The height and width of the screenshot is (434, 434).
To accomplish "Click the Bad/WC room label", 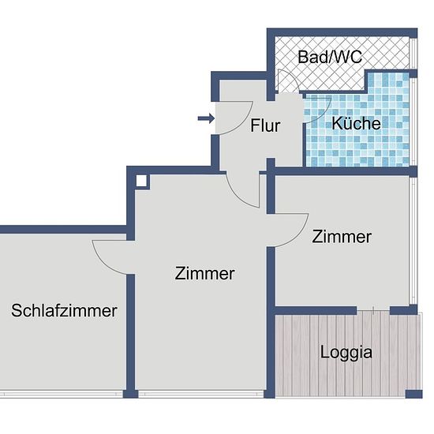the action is pyautogui.click(x=330, y=57).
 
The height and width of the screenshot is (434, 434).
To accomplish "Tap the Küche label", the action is pyautogui.click(x=356, y=123).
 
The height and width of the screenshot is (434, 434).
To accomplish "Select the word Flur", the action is pyautogui.click(x=265, y=125).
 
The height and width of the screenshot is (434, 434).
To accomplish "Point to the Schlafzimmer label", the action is pyautogui.click(x=64, y=311).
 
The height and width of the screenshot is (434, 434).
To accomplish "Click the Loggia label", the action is pyautogui.click(x=346, y=353).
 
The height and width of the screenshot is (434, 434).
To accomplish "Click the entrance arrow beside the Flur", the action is pyautogui.click(x=206, y=118).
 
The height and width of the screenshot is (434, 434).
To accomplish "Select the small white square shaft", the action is pyautogui.click(x=141, y=181).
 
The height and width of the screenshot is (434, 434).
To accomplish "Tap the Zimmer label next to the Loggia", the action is pyautogui.click(x=342, y=237).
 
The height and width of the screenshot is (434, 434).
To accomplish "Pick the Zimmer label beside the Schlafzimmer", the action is pyautogui.click(x=205, y=274).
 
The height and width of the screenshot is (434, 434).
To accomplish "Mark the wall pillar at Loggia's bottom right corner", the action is pyautogui.click(x=413, y=394).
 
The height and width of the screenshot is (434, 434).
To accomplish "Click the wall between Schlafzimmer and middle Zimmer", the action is pyautogui.click(x=130, y=332).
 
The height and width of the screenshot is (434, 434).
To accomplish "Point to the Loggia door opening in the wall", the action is pyautogui.click(x=373, y=311).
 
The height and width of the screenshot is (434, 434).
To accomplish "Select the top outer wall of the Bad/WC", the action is pyautogui.click(x=342, y=32).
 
